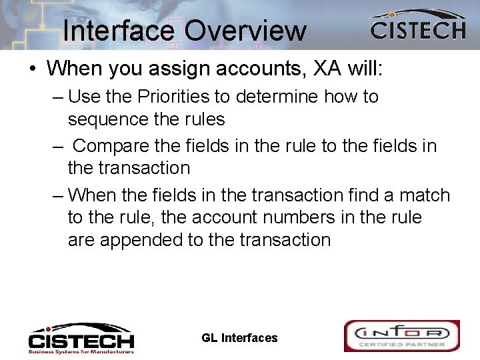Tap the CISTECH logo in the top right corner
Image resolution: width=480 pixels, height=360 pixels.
[x=417, y=26]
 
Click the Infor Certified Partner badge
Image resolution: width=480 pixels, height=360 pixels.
[x=401, y=336]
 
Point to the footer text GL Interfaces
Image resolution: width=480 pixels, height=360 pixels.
[x=239, y=338]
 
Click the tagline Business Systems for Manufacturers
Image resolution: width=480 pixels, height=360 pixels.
[x=81, y=351]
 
